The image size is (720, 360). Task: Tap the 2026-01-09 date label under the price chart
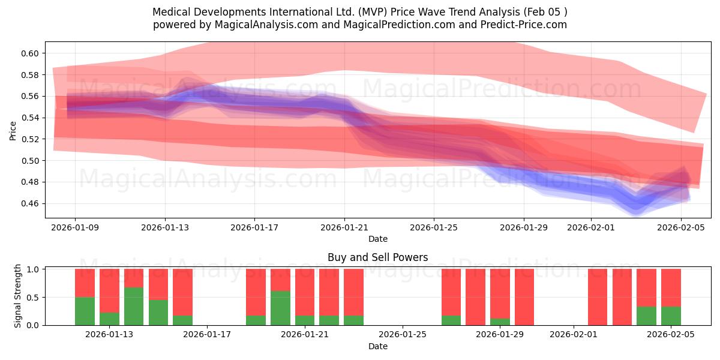(75, 227)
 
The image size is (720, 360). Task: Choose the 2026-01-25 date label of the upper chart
(434, 227)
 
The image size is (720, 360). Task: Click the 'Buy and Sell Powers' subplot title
(377, 257)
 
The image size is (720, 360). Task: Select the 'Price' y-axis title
(13, 130)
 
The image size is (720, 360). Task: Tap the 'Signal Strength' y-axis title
(18, 296)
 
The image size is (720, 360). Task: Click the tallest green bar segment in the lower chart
(134, 306)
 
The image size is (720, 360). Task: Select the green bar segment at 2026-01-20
(280, 308)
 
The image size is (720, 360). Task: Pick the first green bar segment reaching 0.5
(85, 311)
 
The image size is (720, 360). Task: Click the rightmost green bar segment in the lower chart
(671, 316)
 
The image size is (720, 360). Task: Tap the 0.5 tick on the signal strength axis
(35, 297)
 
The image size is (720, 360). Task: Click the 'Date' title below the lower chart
(377, 346)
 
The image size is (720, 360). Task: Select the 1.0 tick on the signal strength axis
(35, 269)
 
